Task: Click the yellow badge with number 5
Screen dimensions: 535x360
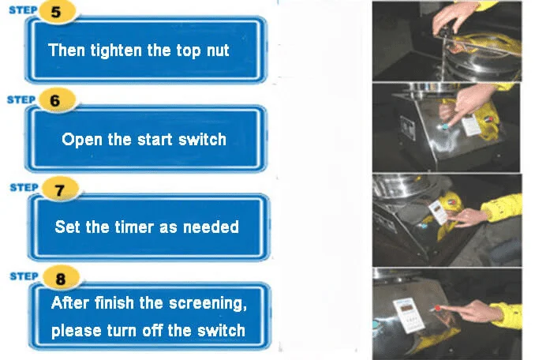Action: (57, 12)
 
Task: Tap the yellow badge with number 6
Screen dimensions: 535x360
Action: (56, 100)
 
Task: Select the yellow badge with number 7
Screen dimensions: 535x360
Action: (60, 189)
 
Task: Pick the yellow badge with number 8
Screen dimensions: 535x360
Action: (61, 278)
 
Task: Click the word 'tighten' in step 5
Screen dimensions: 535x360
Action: (116, 51)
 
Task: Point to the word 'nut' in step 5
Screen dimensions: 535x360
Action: (218, 51)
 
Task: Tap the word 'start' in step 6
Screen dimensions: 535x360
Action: (155, 140)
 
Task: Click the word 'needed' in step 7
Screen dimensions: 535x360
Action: (211, 227)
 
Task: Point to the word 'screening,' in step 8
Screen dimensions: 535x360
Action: (208, 304)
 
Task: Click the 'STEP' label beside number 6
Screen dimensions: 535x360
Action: (21, 99)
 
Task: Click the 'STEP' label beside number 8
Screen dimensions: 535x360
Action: (24, 276)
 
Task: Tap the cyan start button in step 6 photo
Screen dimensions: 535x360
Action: (444, 126)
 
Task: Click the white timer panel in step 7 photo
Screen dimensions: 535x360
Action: (439, 212)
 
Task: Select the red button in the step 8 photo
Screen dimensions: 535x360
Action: (438, 308)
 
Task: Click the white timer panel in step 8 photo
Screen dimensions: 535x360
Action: (409, 315)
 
